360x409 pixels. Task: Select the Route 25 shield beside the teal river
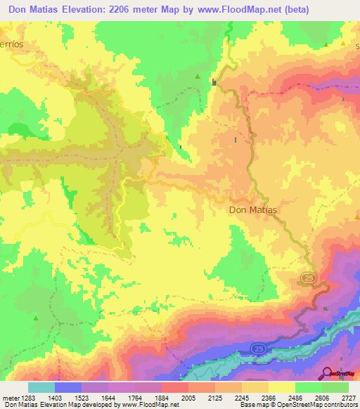click(258, 348)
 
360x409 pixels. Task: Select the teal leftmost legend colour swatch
click(41, 387)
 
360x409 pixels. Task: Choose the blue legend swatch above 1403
click(68, 387)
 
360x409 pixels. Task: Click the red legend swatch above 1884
click(175, 387)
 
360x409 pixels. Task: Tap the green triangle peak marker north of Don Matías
click(198, 77)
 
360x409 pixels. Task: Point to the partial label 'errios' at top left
click(12, 44)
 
